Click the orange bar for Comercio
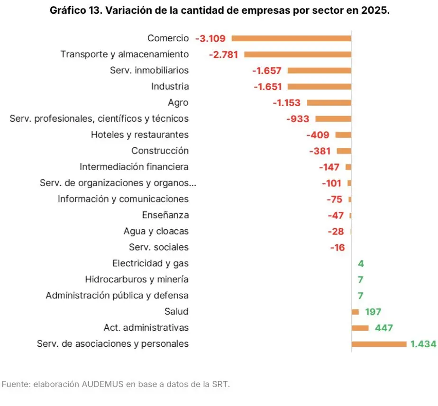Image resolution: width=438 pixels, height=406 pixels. tap(291, 38)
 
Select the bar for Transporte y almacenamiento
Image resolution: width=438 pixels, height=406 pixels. tap(297, 54)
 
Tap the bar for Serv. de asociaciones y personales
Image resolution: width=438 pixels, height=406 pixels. tap(379, 344)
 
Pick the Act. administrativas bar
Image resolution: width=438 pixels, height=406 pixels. tap(360, 328)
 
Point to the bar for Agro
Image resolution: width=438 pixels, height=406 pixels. tap(329, 102)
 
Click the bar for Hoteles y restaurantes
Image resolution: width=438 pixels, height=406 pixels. tap(343, 135)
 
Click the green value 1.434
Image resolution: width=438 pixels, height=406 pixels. tap(423, 344)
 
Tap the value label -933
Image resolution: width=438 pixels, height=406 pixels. tap(298, 119)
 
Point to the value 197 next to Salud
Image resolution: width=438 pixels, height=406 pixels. tap(373, 312)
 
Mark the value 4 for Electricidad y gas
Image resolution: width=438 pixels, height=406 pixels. tap(361, 263)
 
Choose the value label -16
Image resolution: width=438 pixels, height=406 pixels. tap(337, 247)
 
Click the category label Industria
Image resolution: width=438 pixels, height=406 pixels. tap(170, 86)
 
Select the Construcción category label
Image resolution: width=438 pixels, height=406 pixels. tap(160, 151)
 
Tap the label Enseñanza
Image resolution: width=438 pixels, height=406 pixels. tap(165, 215)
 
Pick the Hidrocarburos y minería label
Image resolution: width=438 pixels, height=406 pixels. tap(137, 280)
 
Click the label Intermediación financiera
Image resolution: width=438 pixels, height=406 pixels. tap(134, 167)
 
